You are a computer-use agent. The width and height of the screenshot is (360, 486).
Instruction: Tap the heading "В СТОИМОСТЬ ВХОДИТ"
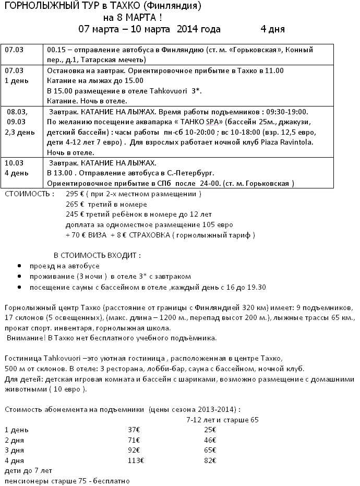click(97, 256)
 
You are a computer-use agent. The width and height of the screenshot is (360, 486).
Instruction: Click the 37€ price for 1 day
click(134, 430)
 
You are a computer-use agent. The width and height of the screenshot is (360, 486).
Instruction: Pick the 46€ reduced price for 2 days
click(210, 440)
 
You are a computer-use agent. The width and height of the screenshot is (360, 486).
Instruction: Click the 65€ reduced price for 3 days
click(210, 450)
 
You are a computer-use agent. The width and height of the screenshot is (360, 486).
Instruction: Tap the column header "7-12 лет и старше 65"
click(222, 419)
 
